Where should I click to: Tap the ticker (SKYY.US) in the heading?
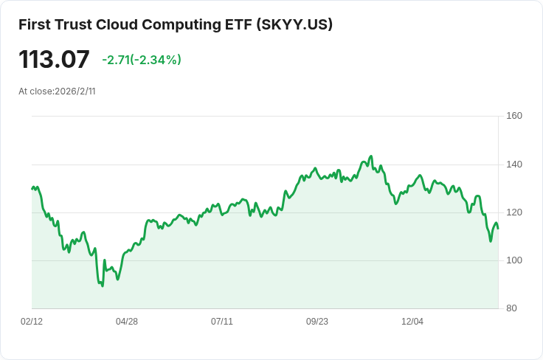(295, 24)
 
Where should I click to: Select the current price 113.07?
(54, 59)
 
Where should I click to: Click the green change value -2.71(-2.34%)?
(142, 60)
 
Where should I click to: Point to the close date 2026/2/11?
(75, 91)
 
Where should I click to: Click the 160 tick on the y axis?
(514, 116)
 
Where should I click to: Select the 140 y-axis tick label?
(514, 164)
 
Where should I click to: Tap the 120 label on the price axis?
(514, 212)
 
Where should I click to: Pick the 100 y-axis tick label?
(514, 260)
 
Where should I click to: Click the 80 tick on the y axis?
(514, 308)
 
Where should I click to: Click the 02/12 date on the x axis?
(32, 322)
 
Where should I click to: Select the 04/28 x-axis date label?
(127, 322)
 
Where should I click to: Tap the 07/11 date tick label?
(222, 322)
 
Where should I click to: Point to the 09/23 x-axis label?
(317, 322)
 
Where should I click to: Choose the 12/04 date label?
(412, 322)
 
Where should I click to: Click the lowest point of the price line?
(102, 285)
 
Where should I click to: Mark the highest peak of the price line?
(371, 156)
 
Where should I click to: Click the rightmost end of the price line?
(498, 228)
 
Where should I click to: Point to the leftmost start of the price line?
(32, 189)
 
